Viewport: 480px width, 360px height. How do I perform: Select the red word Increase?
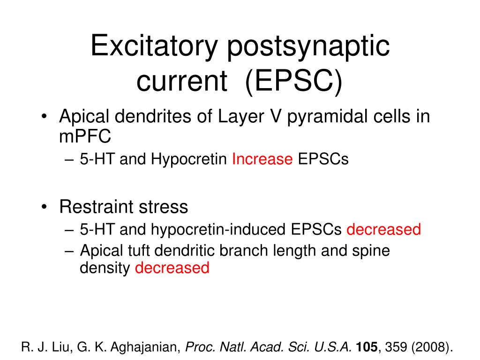click(x=262, y=160)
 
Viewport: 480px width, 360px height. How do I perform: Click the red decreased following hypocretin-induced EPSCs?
click(x=383, y=230)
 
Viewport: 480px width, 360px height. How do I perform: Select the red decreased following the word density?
click(x=172, y=268)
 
